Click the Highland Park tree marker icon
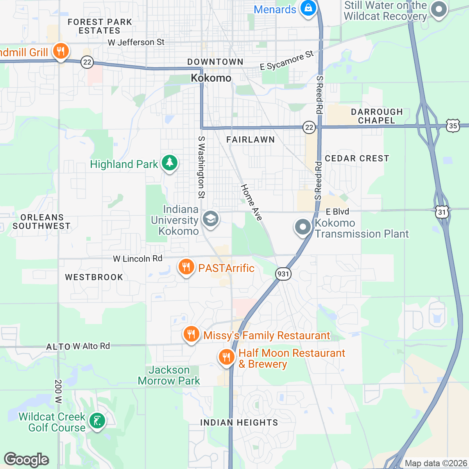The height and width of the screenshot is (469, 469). click(169, 163)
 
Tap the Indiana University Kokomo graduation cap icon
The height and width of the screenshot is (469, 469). click(210, 218)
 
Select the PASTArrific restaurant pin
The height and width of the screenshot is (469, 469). click(186, 267)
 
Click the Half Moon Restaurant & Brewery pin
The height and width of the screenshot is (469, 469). click(226, 357)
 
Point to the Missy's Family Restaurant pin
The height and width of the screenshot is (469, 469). click(191, 334)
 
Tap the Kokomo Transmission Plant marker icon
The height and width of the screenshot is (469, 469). click(303, 227)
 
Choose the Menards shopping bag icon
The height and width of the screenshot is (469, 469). click(308, 8)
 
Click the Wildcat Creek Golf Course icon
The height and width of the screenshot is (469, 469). click(96, 421)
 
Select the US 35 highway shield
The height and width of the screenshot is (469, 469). click(453, 126)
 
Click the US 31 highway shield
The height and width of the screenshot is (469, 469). click(442, 212)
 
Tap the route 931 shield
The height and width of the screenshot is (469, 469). click(283, 274)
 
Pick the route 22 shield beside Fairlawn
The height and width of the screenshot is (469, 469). click(309, 127)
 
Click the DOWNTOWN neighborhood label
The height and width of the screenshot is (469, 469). click(215, 62)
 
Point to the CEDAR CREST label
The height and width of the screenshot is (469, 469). click(357, 158)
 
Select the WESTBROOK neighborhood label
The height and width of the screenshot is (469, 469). click(94, 277)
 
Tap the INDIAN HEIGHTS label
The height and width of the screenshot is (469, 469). click(239, 422)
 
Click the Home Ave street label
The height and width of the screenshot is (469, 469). click(251, 202)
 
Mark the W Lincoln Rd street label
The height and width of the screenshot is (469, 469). click(138, 258)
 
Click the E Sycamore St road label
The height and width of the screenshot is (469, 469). click(287, 61)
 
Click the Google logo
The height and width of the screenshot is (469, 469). click(26, 460)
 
